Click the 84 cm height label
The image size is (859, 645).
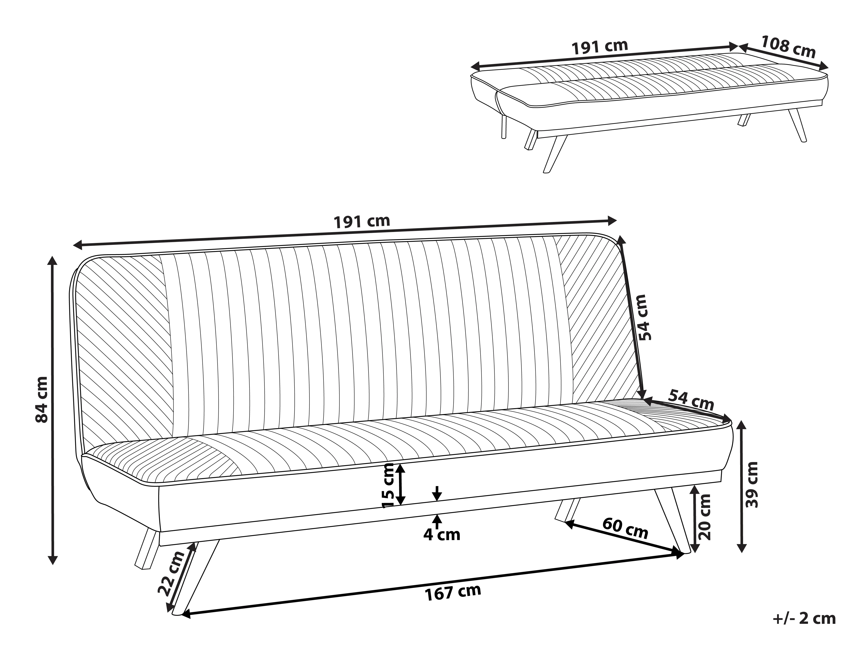coord(41,400)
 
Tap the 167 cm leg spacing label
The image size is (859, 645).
coord(453,592)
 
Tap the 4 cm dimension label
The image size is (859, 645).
coord(442,535)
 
